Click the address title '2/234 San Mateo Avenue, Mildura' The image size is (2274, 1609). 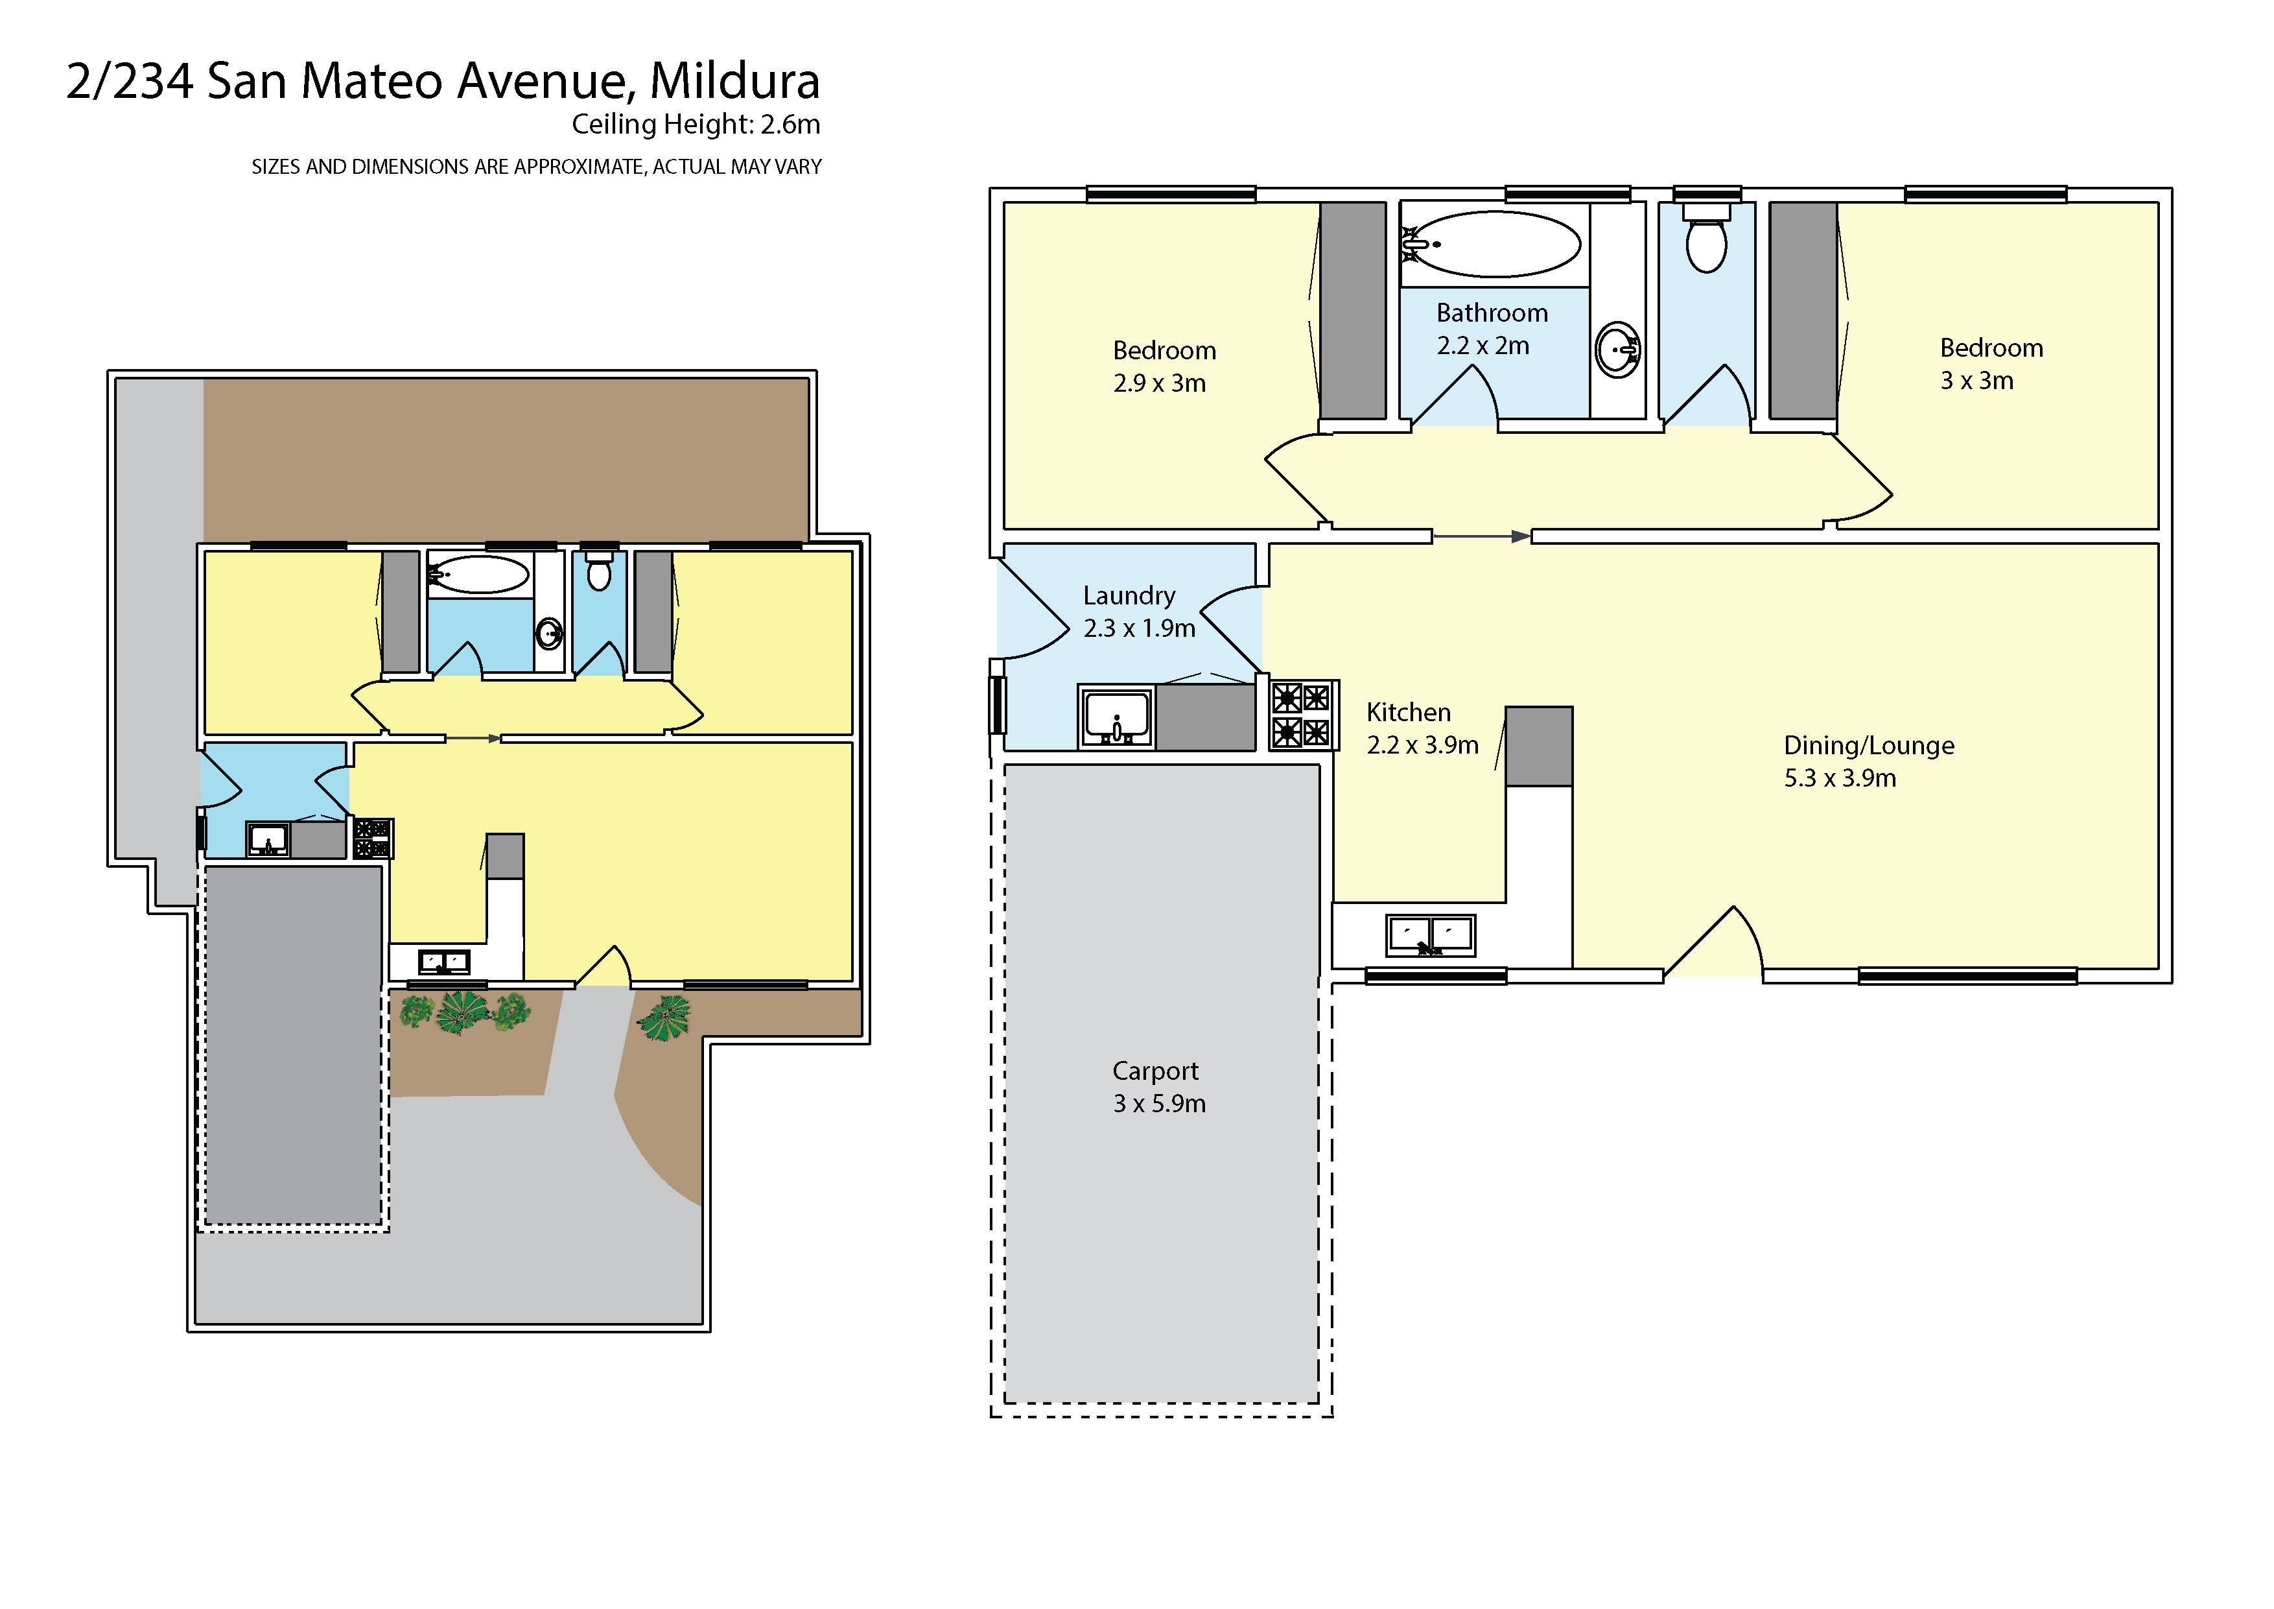click(443, 81)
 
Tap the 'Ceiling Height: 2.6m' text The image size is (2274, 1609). click(696, 125)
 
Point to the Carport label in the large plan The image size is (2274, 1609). click(1158, 1087)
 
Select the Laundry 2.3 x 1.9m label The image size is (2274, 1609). click(1138, 612)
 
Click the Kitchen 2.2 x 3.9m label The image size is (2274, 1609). click(1421, 728)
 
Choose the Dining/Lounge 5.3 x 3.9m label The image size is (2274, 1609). click(1868, 761)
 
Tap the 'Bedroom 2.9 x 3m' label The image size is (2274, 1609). click(1163, 366)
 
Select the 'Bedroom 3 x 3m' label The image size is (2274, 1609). click(1990, 364)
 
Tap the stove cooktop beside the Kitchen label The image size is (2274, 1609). click(1302, 714)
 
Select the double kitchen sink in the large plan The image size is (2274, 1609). click(1430, 935)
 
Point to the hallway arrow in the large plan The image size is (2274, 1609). click(1481, 537)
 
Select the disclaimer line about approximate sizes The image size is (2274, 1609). click(536, 167)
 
